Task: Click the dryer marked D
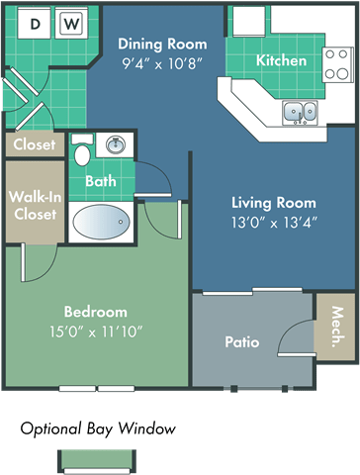[x=35, y=23]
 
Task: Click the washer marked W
[x=71, y=23]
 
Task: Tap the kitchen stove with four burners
[x=337, y=64]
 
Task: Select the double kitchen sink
[x=300, y=113]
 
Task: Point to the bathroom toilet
[x=82, y=149]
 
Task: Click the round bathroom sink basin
[x=116, y=144]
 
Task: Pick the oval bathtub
[x=102, y=222]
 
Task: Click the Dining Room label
[x=162, y=44]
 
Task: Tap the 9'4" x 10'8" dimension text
[x=162, y=63]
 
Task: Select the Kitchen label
[x=281, y=60]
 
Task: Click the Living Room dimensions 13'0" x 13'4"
[x=274, y=223]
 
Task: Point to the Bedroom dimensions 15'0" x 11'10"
[x=96, y=332]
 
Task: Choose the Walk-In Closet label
[x=36, y=206]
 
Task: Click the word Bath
[x=101, y=181]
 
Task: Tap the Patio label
[x=242, y=342]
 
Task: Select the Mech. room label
[x=337, y=327]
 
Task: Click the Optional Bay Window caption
[x=98, y=428]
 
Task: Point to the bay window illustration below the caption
[x=97, y=462]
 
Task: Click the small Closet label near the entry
[x=35, y=144]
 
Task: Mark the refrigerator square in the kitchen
[x=249, y=21]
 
